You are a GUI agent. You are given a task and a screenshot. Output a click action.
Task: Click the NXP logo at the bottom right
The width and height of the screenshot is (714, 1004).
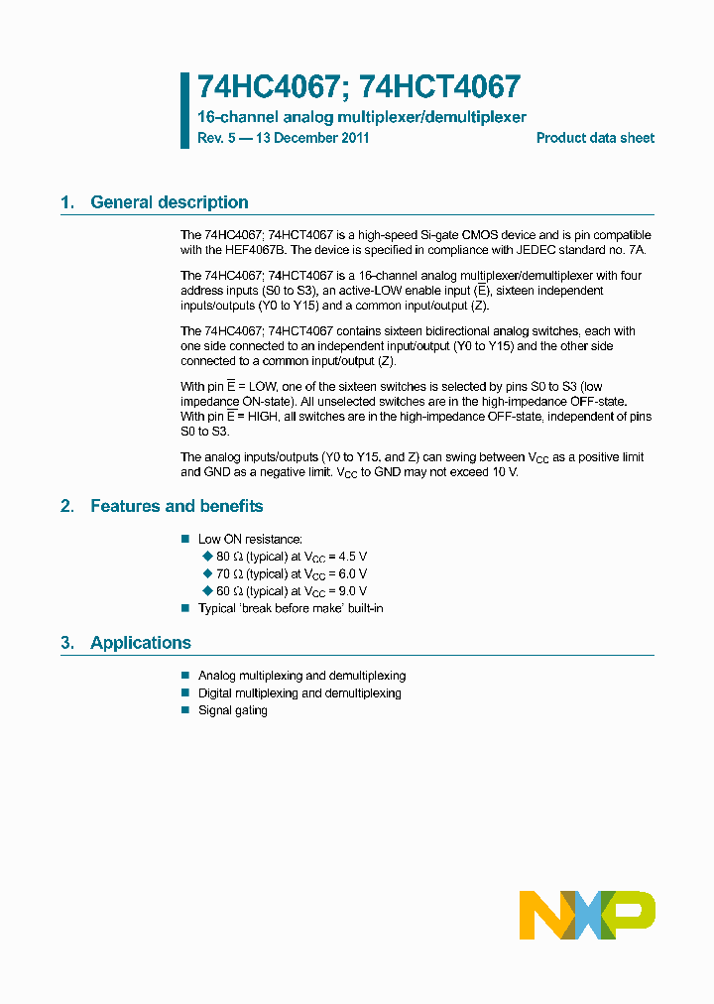coord(587,915)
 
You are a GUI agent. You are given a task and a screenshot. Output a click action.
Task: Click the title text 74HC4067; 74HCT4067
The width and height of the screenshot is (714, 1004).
coord(359,88)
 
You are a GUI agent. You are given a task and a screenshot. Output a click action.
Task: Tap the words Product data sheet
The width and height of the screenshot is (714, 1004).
coord(595,138)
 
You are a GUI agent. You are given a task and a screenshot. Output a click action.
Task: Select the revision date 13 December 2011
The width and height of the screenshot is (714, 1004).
coord(312,138)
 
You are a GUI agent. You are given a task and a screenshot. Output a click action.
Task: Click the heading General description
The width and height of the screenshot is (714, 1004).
coord(169,202)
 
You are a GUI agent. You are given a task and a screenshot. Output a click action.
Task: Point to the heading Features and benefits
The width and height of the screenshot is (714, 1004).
coord(177,506)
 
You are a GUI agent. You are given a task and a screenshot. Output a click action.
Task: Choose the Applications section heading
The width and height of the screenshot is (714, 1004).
coord(140,643)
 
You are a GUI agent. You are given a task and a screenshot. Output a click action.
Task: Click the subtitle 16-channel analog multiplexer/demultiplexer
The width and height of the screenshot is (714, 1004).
coord(362,117)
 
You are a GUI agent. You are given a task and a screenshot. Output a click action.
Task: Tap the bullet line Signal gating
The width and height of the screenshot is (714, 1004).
coord(232,710)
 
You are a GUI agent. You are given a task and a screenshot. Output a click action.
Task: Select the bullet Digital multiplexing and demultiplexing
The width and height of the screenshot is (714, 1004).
coord(299,693)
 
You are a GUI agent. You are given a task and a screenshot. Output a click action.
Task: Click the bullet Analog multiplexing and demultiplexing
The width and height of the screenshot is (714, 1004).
coord(301,676)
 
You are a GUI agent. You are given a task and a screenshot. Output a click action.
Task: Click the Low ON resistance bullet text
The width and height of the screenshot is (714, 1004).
coord(250,539)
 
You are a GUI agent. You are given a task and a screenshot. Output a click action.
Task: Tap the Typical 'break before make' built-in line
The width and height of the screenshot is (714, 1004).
coord(291,608)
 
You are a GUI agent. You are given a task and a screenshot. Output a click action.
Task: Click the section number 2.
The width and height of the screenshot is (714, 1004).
coord(66,506)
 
